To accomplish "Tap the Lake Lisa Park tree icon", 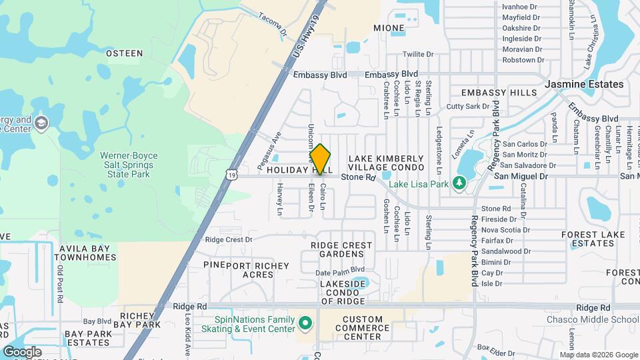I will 459,183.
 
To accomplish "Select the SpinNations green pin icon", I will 306,324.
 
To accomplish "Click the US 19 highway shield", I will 231,175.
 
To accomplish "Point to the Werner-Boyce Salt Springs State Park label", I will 129,164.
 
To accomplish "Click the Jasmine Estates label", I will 584,85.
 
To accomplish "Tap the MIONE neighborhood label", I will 389,29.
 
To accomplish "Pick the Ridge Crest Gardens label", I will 341,250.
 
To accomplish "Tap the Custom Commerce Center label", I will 366,328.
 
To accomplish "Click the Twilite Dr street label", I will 418,55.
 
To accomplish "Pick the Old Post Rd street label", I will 60,284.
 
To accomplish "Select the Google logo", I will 22,352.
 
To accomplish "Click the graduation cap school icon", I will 41,123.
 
